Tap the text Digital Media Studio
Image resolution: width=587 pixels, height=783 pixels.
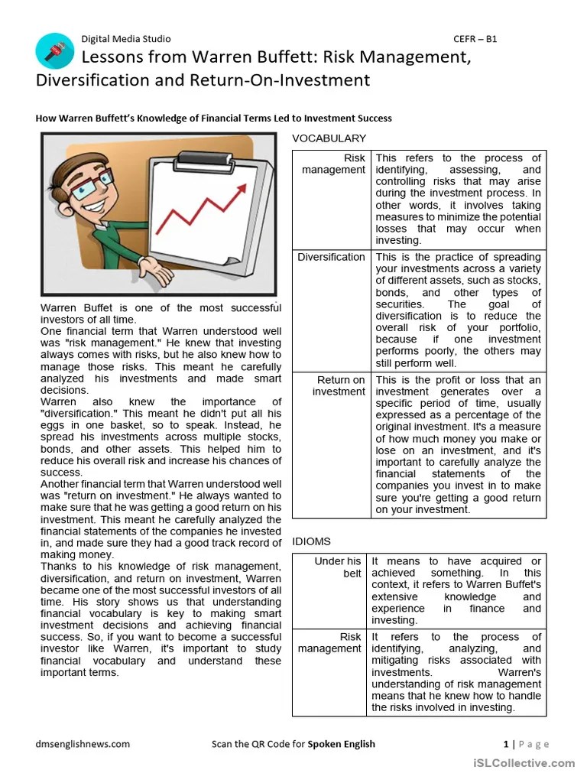[x=126, y=39]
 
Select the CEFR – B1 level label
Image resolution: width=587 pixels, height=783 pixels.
[x=475, y=39]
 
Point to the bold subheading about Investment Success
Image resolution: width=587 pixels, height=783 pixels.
[x=214, y=119]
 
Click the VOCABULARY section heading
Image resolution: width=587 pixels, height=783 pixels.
[x=329, y=138]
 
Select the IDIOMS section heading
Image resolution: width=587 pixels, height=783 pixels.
[x=311, y=541]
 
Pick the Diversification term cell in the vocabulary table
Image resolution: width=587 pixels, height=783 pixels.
[x=331, y=257]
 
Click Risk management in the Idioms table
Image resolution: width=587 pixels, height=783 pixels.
[x=329, y=642]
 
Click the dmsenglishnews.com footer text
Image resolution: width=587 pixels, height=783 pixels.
[x=83, y=744]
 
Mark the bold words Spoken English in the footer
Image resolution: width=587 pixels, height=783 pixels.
[x=341, y=744]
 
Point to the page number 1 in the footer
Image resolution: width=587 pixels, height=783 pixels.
[x=506, y=744]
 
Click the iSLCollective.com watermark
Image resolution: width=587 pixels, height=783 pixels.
[x=523, y=762]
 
